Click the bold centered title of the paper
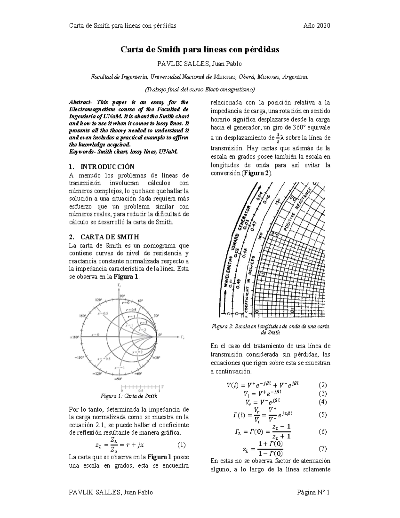(199, 50)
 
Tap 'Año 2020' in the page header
(316, 26)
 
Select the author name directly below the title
(199, 64)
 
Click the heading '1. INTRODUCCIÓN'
(101, 167)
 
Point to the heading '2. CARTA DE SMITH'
(104, 237)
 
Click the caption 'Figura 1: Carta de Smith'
(129, 396)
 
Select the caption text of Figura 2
(270, 330)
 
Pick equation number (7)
(322, 449)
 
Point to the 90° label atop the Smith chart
(122, 296)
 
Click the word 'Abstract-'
(80, 102)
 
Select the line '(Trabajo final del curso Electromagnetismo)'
(199, 89)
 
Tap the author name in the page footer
(110, 492)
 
